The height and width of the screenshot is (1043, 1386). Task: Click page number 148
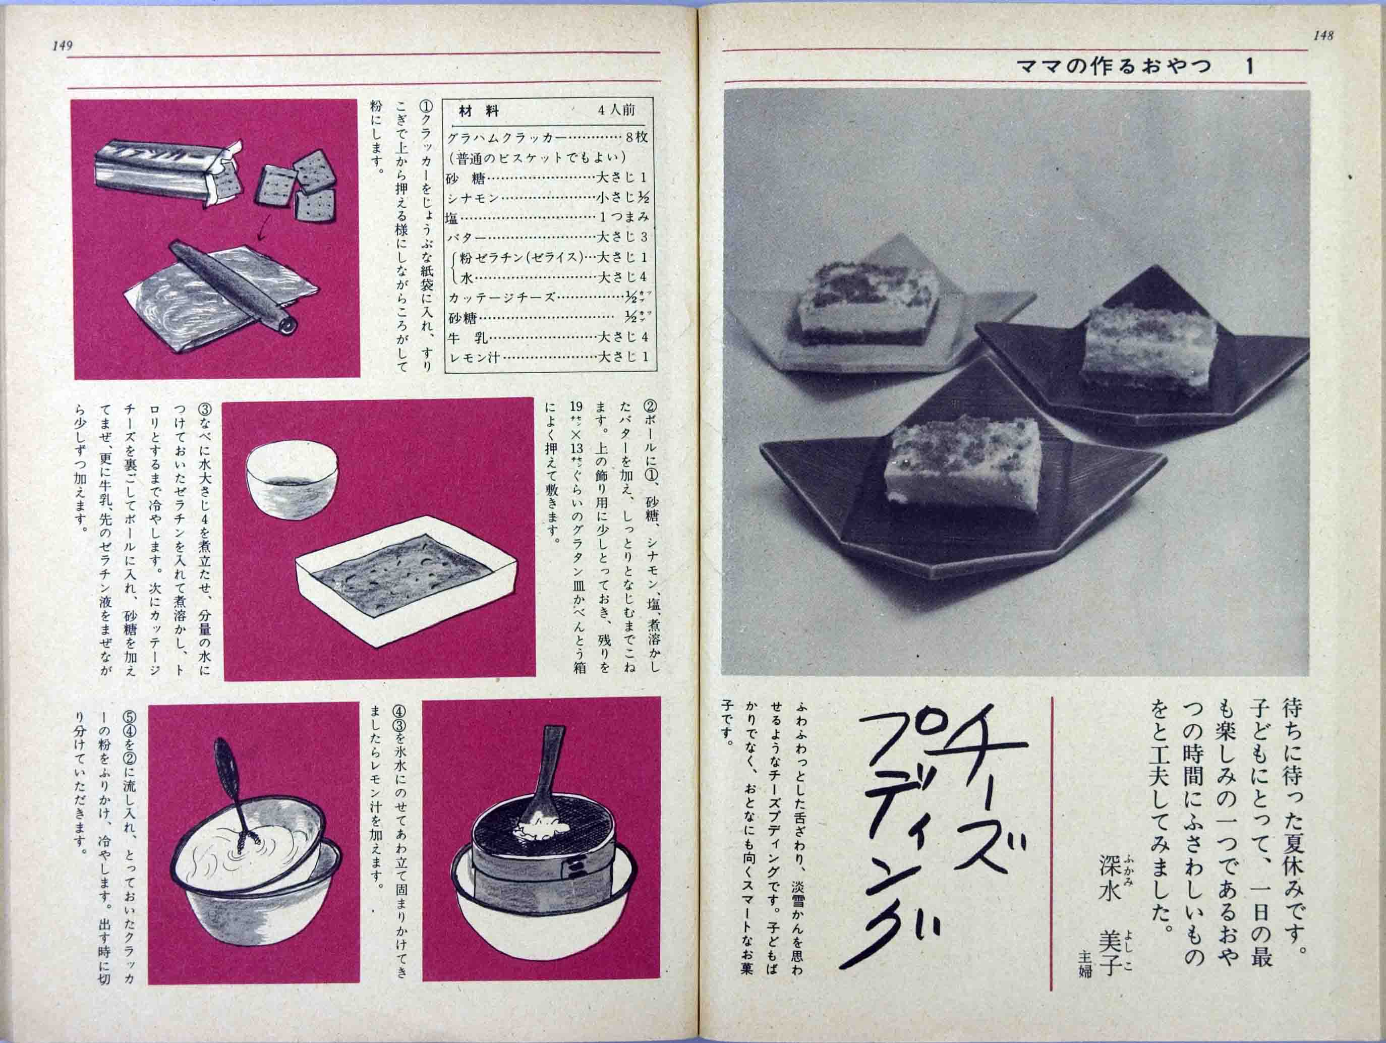tap(1323, 36)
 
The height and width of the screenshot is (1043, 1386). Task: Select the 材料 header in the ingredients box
tap(479, 111)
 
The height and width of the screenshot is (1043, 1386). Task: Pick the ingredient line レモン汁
tap(474, 358)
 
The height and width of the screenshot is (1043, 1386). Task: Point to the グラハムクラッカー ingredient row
tap(507, 138)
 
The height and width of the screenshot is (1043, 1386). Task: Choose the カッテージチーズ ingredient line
tap(501, 298)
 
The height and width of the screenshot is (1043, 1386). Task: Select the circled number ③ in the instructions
tap(205, 410)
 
